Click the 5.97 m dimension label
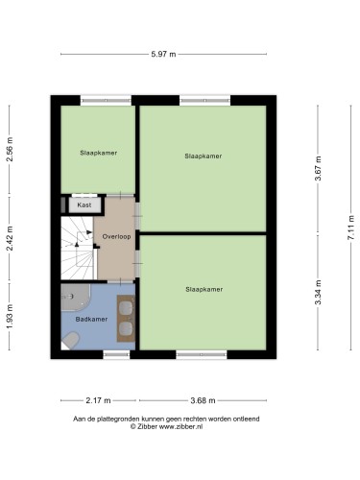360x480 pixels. [163, 54]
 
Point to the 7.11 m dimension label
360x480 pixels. [351, 228]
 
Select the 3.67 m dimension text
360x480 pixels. [318, 168]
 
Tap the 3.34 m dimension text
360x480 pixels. [318, 292]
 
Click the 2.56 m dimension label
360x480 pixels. [10, 149]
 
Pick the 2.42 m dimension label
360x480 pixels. [10, 238]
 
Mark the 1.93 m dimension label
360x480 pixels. [10, 317]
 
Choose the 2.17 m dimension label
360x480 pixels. [98, 400]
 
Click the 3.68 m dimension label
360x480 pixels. [203, 400]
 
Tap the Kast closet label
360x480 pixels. [84, 204]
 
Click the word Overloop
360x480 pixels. [116, 237]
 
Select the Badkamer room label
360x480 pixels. [91, 319]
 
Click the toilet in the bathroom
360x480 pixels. [70, 340]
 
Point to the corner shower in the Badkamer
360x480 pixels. [75, 298]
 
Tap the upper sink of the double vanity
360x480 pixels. [126, 308]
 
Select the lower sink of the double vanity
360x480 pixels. [126, 328]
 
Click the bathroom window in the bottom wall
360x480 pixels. [116, 354]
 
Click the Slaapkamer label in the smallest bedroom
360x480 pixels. [99, 153]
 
